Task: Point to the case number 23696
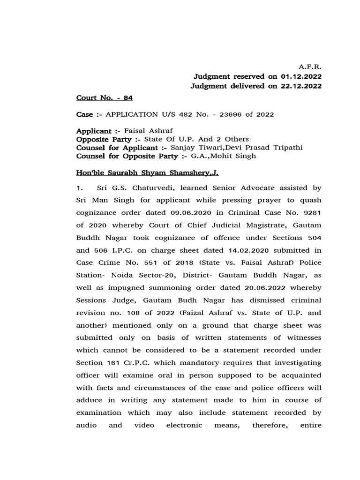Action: pos(226,114)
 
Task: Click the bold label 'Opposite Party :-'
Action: pos(108,139)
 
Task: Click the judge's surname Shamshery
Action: pos(190,173)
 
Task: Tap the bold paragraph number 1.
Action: pos(80,188)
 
